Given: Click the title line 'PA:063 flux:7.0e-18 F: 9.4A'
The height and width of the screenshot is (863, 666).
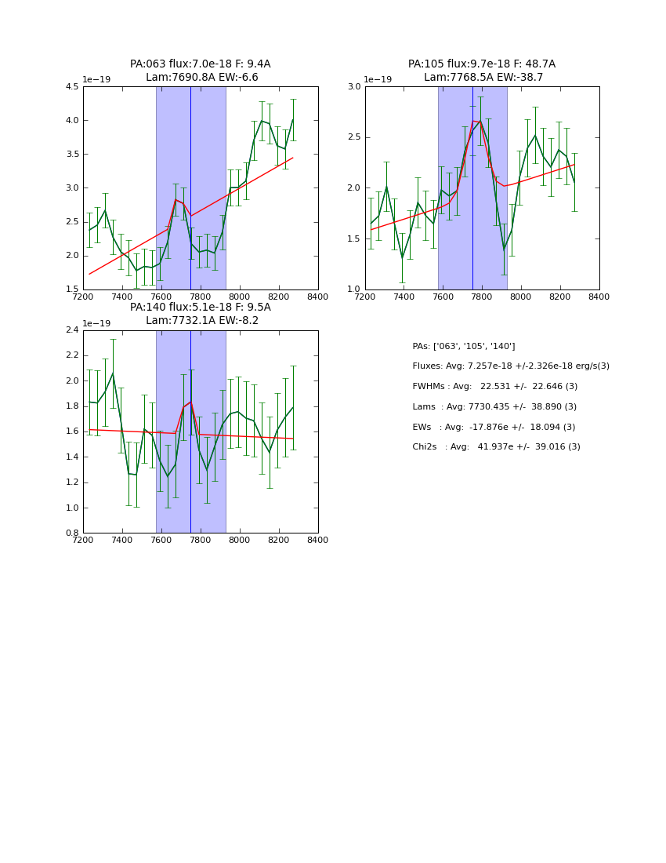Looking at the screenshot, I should pyautogui.click(x=200, y=64).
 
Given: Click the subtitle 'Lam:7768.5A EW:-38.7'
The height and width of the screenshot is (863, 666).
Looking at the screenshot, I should pyautogui.click(x=482, y=78).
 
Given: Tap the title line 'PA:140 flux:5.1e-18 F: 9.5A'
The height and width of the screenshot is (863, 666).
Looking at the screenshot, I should pyautogui.click(x=200, y=308).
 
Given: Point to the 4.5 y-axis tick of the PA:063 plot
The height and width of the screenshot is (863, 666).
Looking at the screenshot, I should pyautogui.click(x=71, y=87).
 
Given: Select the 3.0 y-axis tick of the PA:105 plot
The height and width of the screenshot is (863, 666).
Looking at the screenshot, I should pyautogui.click(x=353, y=87).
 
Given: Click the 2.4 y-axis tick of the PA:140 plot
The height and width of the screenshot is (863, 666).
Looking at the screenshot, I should pyautogui.click(x=71, y=330).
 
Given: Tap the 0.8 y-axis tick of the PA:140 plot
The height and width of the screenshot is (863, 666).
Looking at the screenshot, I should pyautogui.click(x=71, y=533).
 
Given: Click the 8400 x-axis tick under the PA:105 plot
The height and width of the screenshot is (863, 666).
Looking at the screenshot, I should pyautogui.click(x=599, y=297).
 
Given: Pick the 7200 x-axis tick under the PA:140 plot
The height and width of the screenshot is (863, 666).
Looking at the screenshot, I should pyautogui.click(x=83, y=540).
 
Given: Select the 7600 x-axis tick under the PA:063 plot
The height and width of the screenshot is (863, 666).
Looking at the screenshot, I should pyautogui.click(x=161, y=297).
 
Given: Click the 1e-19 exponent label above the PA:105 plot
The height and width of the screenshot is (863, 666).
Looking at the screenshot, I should pyautogui.click(x=378, y=80).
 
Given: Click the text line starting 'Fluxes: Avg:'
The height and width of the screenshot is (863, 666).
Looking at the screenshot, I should pyautogui.click(x=510, y=366).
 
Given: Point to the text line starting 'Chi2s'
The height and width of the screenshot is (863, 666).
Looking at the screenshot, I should pyautogui.click(x=496, y=447).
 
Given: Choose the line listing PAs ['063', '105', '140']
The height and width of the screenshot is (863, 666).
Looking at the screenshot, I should pyautogui.click(x=463, y=347).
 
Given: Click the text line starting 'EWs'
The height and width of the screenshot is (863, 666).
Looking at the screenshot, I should pyautogui.click(x=494, y=427).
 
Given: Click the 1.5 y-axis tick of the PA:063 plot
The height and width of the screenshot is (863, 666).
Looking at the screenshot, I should pyautogui.click(x=71, y=289).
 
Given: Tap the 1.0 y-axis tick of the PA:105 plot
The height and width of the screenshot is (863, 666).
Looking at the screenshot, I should pyautogui.click(x=353, y=289).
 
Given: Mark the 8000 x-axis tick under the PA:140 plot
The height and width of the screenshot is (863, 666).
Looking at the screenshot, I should pyautogui.click(x=240, y=540).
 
